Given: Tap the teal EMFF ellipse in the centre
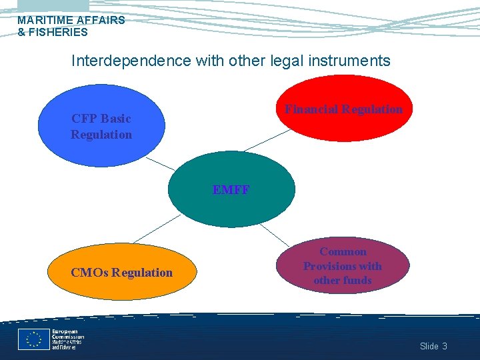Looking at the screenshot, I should point(231,190).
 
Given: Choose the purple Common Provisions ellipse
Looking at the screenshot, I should point(343,265).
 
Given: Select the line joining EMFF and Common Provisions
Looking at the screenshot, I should point(273,234).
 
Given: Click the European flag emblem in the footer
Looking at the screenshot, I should point(33,339).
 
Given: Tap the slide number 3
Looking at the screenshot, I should point(445,346).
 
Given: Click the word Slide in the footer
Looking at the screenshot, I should point(429,346).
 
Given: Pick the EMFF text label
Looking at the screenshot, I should point(231,190).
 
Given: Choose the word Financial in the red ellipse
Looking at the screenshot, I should point(313,109).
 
